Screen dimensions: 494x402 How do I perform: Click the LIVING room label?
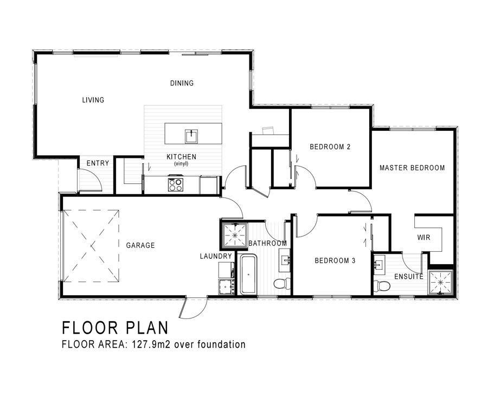click(93, 100)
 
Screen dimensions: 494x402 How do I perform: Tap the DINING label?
click(182, 83)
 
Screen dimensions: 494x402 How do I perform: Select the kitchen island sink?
click(191, 136)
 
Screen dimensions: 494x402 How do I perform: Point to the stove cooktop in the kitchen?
click(176, 184)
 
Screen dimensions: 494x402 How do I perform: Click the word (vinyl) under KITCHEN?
click(181, 164)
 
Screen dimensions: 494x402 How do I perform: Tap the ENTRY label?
click(98, 163)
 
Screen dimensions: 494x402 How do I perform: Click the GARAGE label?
click(140, 245)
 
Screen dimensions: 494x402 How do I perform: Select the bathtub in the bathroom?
click(248, 275)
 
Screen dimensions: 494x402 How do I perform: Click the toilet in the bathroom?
click(283, 283)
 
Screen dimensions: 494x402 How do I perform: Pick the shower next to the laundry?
click(235, 235)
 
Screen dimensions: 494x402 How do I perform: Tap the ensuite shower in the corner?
click(440, 283)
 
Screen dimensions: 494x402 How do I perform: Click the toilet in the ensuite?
click(382, 286)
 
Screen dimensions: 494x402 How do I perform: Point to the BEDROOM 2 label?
click(330, 147)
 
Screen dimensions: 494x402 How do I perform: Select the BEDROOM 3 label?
click(335, 261)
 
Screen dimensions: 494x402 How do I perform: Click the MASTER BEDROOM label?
click(412, 168)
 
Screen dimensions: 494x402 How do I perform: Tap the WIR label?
click(424, 238)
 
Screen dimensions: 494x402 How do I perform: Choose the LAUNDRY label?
click(216, 256)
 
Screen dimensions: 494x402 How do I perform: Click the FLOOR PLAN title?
click(116, 328)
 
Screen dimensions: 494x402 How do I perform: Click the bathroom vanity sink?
click(286, 260)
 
